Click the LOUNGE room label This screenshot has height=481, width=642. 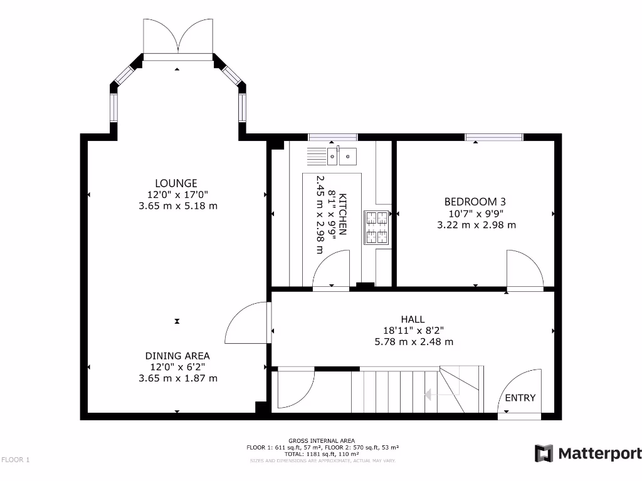[x=177, y=183]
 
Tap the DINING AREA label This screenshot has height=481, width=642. [x=177, y=356]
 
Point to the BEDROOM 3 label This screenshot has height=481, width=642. [x=475, y=202]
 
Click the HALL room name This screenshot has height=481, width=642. [x=413, y=319]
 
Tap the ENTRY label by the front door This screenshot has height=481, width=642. [x=520, y=398]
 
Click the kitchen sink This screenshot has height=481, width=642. [x=342, y=156]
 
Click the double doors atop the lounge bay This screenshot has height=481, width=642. [x=179, y=38]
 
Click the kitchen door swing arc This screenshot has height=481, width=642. [x=332, y=270]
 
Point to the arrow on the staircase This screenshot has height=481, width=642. [x=430, y=395]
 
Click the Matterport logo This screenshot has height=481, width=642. [x=587, y=453]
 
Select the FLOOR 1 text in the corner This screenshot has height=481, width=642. [x=16, y=460]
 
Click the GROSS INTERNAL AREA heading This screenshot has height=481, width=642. [x=322, y=440]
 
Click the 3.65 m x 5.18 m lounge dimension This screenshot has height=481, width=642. [x=177, y=205]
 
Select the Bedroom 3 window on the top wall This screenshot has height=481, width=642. [x=494, y=137]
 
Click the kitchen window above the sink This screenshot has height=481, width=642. [x=332, y=137]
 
